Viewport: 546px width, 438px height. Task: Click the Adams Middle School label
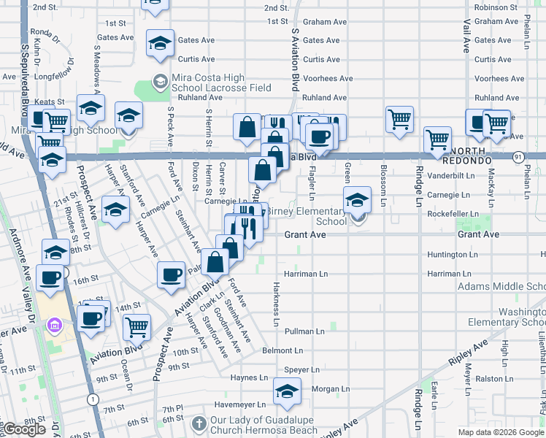[x=501, y=286]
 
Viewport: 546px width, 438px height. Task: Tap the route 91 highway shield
[x=518, y=157]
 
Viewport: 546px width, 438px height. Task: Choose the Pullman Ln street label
[x=304, y=331]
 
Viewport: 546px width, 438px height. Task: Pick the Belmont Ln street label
[x=277, y=350]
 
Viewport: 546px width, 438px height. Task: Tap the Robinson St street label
[x=496, y=7]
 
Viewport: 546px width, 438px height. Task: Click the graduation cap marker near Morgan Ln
[x=288, y=391]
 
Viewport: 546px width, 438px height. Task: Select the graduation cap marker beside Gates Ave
[x=160, y=43]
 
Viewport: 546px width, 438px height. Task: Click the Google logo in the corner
[x=23, y=430]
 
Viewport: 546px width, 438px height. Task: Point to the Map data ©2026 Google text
[x=500, y=432]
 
